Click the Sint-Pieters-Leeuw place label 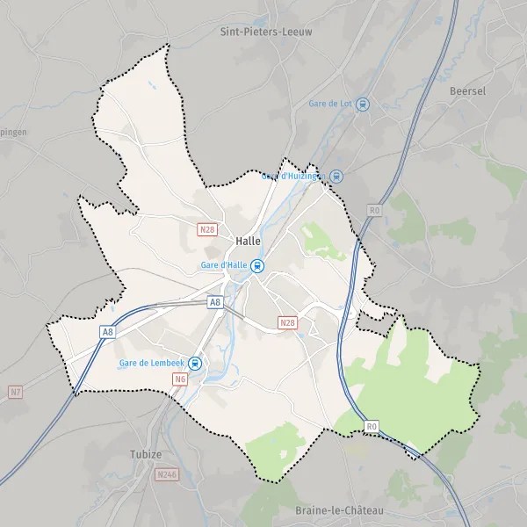[265, 31]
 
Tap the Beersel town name [466, 90]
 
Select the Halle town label [248, 241]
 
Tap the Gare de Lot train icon [363, 104]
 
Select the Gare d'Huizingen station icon [336, 176]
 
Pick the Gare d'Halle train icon [256, 266]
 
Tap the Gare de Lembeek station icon [195, 363]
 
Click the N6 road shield [180, 379]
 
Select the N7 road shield [15, 391]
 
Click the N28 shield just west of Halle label [206, 230]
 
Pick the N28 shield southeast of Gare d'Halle [287, 323]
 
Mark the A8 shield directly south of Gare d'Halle [215, 302]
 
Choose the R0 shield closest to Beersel [375, 211]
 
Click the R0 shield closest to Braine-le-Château [372, 427]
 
